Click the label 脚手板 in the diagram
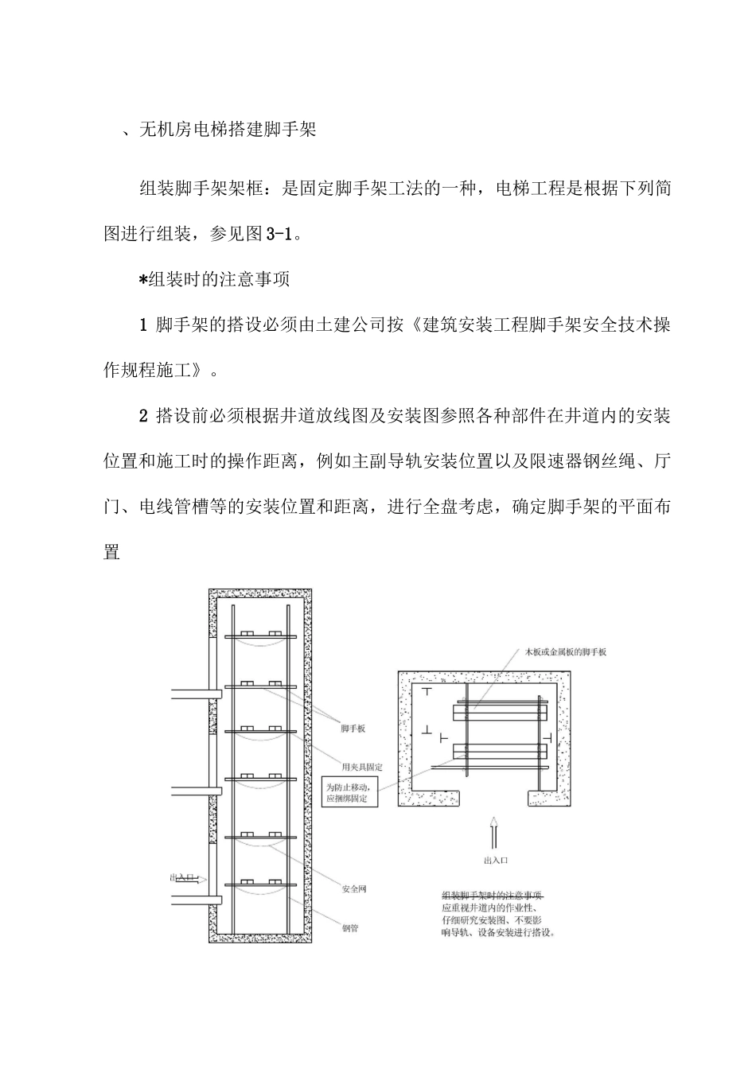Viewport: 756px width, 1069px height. tap(353, 729)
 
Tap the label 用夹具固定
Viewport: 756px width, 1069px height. tap(362, 768)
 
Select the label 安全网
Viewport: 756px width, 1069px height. tap(354, 888)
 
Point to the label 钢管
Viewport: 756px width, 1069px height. tap(350, 927)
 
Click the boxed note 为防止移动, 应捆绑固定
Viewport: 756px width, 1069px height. tap(349, 792)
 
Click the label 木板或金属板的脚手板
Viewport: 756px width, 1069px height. tap(559, 652)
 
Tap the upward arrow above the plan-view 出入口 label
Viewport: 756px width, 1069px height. tap(494, 833)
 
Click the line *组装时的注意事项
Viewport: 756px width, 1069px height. tap(214, 279)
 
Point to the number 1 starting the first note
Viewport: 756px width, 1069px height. tap(143, 325)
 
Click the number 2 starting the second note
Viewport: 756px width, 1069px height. tap(143, 416)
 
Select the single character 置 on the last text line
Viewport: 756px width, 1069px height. tap(112, 552)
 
